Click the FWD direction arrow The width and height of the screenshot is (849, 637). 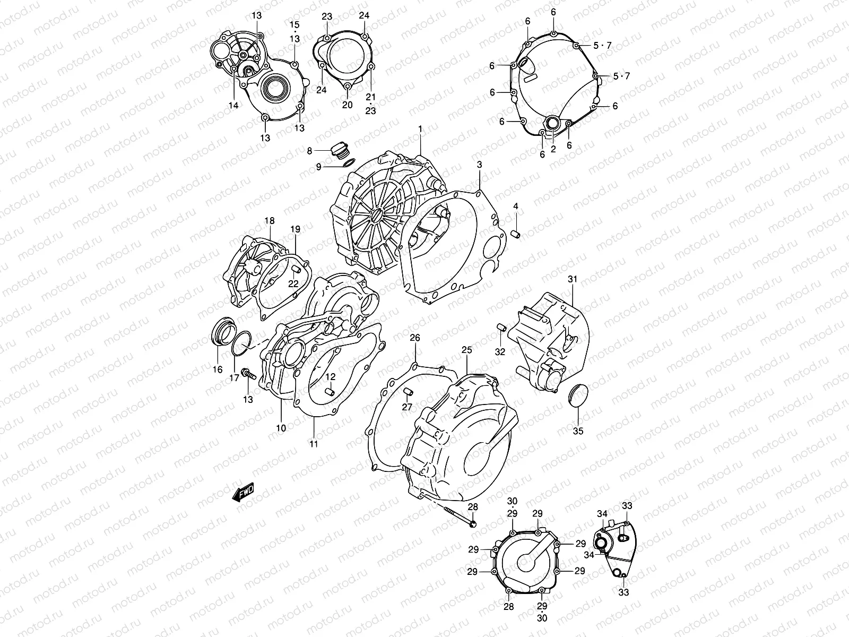244,492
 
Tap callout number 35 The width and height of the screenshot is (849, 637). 578,431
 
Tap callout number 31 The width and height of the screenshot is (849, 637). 572,279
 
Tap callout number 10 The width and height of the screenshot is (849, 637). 281,428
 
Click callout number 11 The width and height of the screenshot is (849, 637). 314,444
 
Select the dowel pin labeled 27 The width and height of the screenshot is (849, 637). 408,392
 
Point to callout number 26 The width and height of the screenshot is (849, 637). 415,338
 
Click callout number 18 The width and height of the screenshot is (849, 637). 270,220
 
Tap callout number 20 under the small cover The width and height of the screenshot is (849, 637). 347,105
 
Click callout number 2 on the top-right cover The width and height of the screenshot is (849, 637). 552,149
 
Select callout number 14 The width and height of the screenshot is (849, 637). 234,105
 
